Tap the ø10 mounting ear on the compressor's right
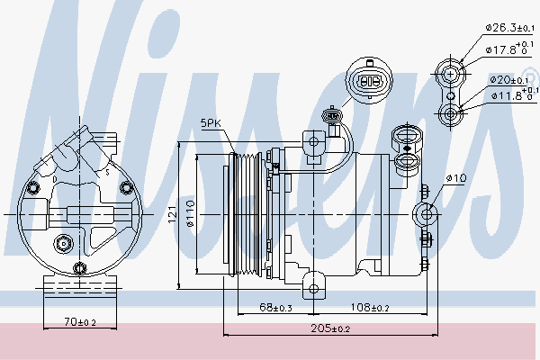tap(425, 214)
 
